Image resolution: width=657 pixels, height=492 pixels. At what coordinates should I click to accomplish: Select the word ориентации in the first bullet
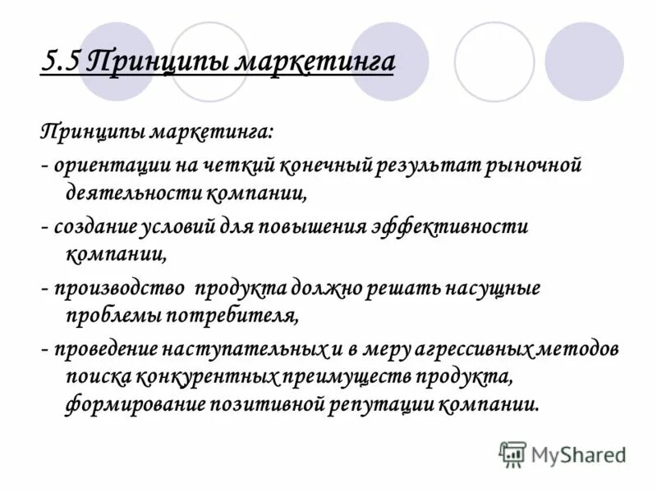click(104, 166)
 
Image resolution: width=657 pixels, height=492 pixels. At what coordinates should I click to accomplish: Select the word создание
click(94, 227)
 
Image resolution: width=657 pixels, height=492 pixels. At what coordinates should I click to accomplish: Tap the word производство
click(118, 289)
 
